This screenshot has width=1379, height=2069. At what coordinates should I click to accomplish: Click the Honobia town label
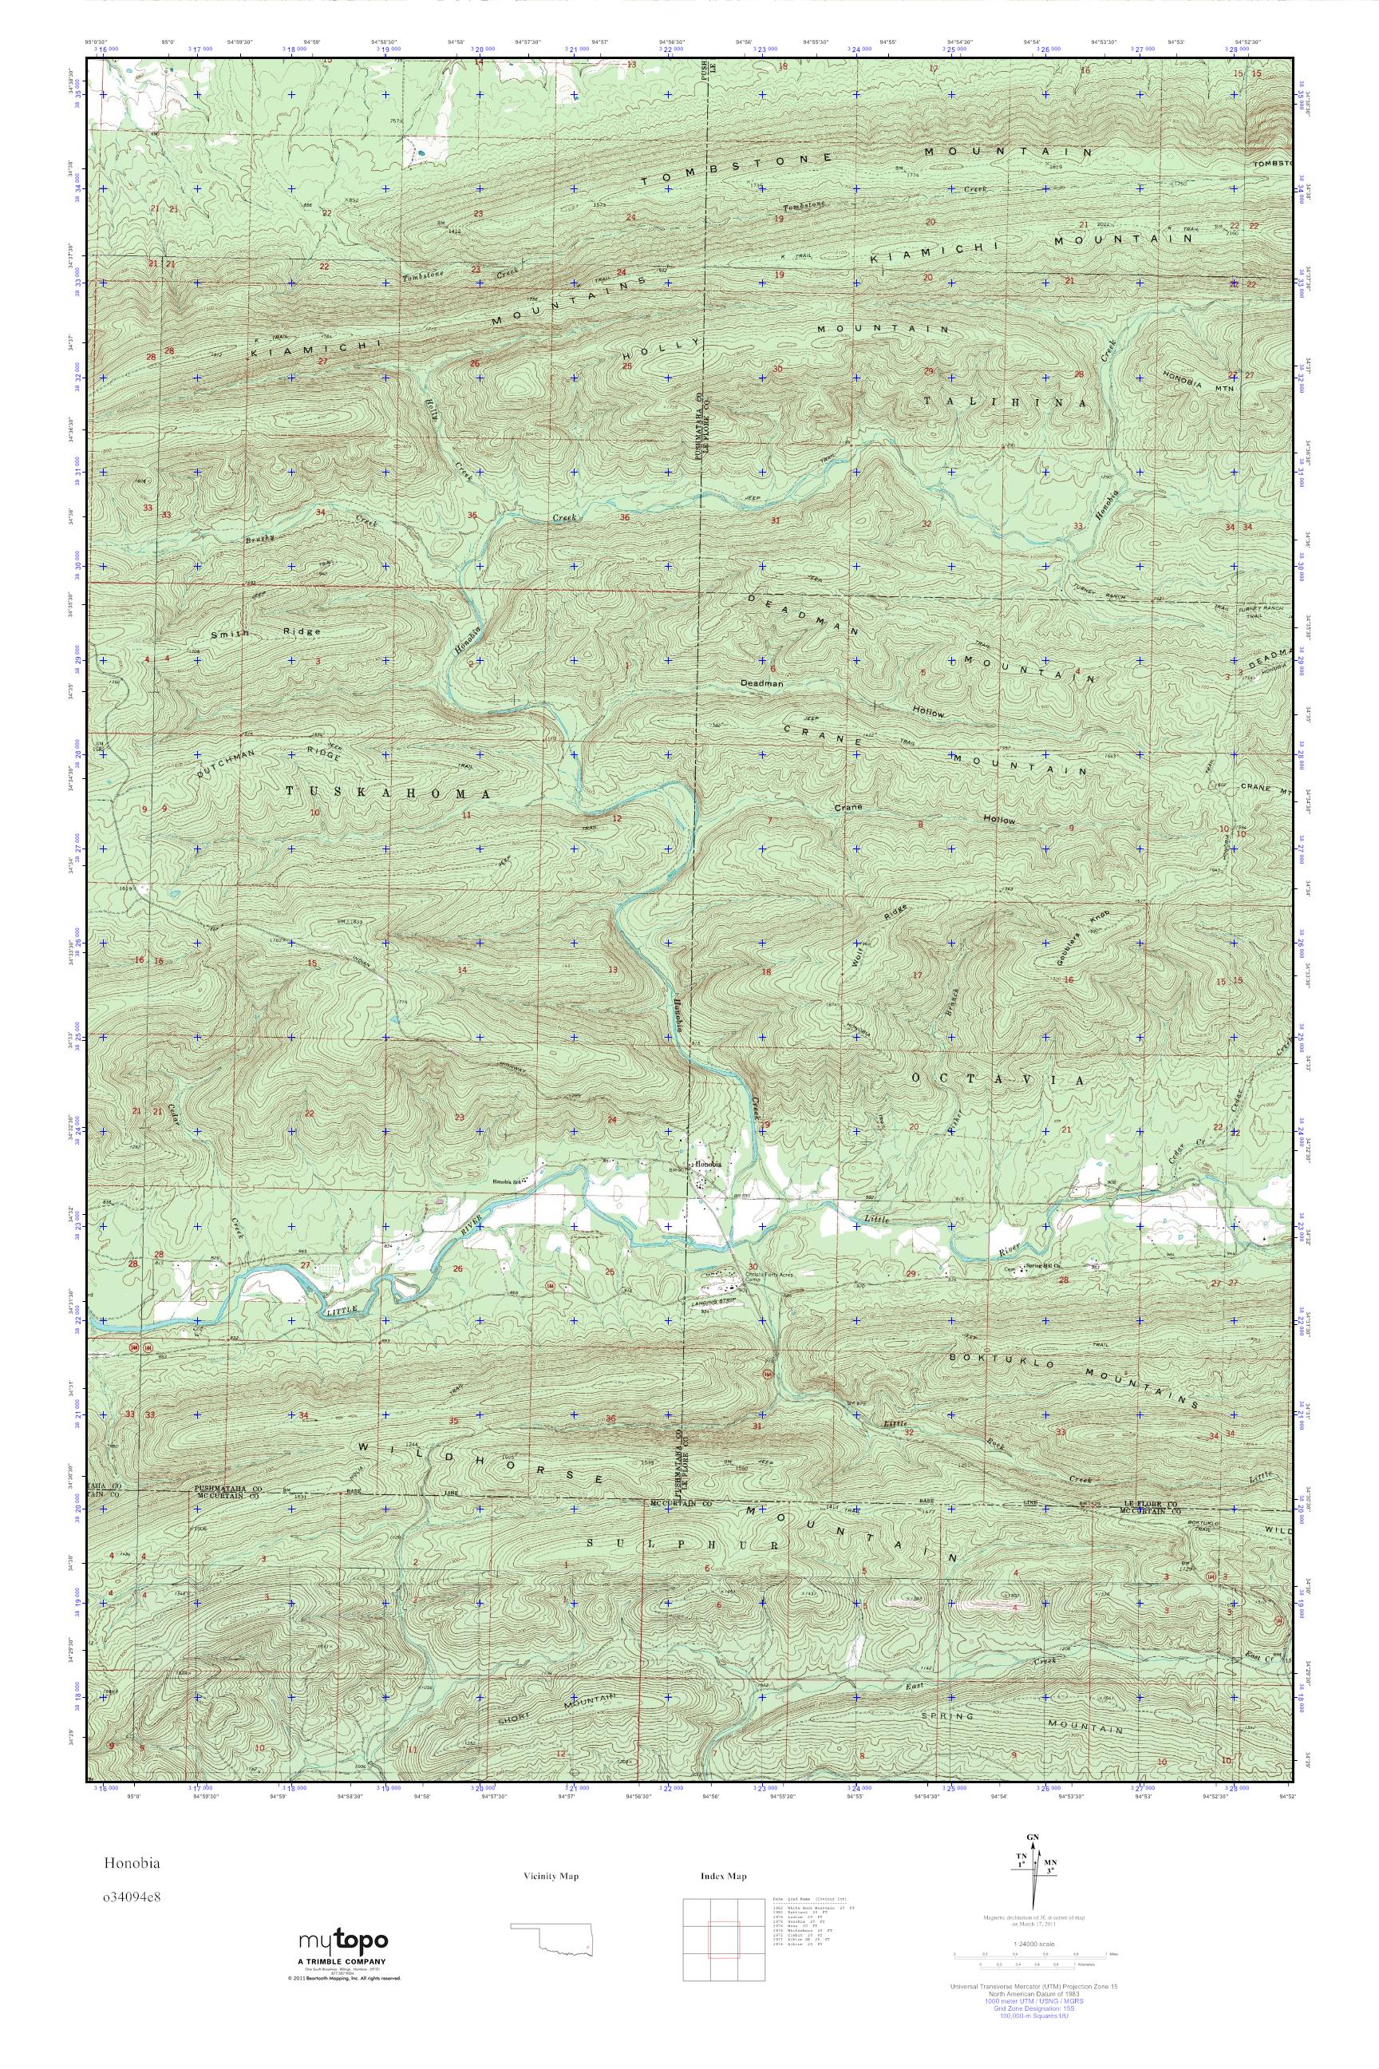click(x=708, y=1165)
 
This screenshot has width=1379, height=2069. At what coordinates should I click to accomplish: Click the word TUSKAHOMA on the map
click(x=388, y=793)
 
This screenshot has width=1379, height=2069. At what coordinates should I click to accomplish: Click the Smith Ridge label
click(x=265, y=632)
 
